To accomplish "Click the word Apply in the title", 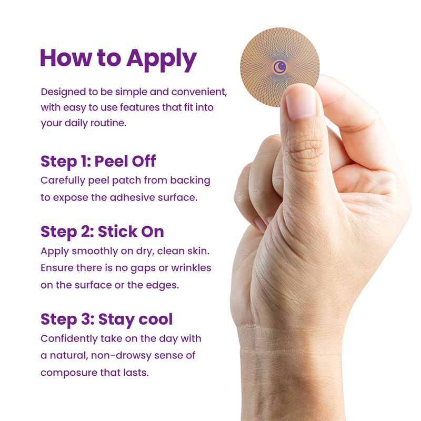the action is [x=162, y=59].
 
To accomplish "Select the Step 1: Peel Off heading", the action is [x=98, y=162].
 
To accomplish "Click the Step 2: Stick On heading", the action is [x=102, y=232].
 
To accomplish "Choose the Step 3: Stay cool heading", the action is [x=107, y=320].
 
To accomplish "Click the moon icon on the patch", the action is [x=280, y=67].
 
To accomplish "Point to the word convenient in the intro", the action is [x=199, y=92].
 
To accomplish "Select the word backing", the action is [x=190, y=181].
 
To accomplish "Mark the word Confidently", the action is [x=69, y=339].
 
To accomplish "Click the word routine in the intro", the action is [x=108, y=123].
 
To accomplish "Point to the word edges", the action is [x=163, y=285].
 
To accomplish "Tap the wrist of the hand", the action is [x=292, y=349].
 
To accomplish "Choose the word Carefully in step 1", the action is [x=63, y=181].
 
